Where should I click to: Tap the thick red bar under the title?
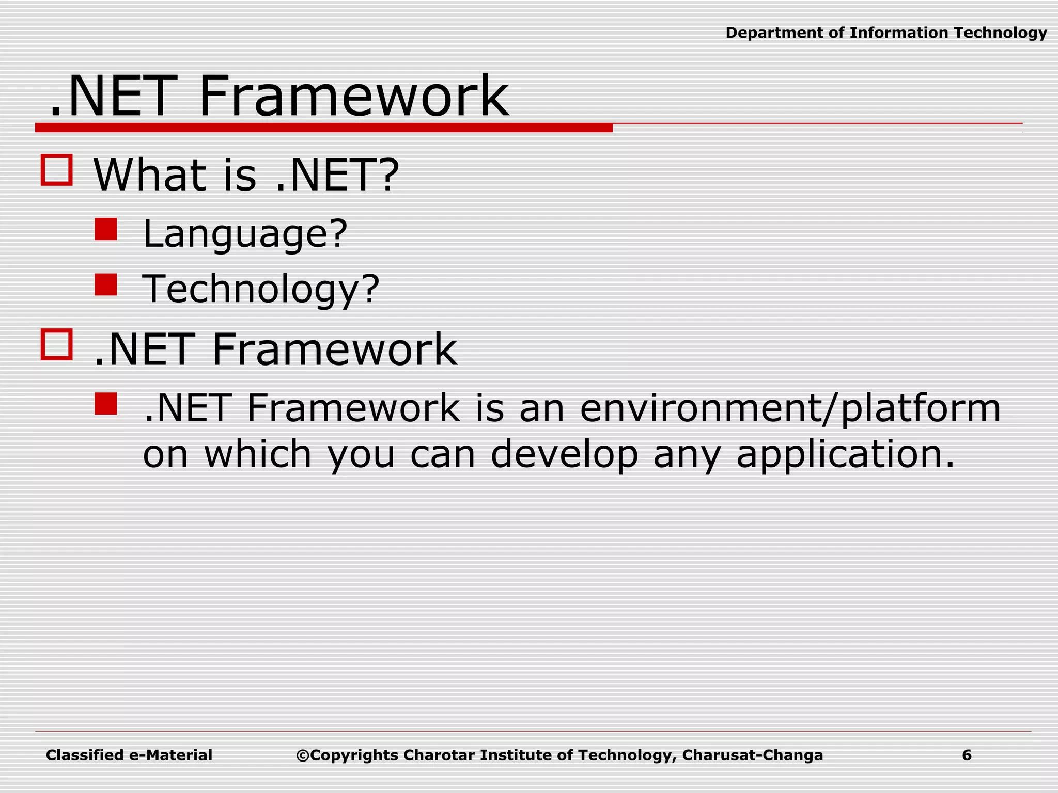coord(323,128)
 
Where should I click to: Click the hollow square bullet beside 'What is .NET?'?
coord(56,170)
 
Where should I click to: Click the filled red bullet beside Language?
coord(106,229)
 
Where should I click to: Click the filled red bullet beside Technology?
coord(106,284)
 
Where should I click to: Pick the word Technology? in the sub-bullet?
coord(261,290)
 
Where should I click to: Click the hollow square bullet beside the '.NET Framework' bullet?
coord(56,344)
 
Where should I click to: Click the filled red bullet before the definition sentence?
coord(106,404)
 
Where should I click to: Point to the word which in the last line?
coord(258,454)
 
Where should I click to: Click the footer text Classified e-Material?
coord(129,755)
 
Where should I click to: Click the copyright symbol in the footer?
coord(302,756)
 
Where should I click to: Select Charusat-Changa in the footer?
coord(752,755)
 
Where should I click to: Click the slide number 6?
coord(967,755)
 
